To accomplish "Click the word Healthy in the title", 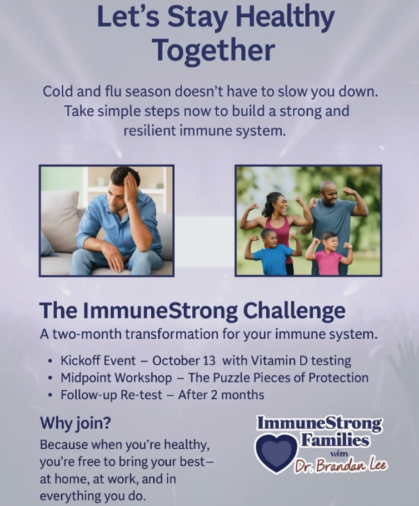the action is click(285, 17).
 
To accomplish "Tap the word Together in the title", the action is click(213, 50).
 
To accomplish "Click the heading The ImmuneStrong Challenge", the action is click(192, 310).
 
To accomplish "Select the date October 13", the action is click(184, 360).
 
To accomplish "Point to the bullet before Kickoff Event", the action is click(49, 361).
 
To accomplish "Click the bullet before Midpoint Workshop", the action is click(49, 378).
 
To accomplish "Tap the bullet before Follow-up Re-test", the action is click(49, 395).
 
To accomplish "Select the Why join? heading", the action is click(75, 423).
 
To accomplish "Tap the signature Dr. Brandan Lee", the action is click(340, 465).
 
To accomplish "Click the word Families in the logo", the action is click(335, 440).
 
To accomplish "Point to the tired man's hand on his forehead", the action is click(131, 186).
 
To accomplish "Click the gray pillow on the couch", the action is click(59, 220).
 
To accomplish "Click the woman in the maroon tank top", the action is click(279, 226).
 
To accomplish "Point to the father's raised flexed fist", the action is click(348, 192).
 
